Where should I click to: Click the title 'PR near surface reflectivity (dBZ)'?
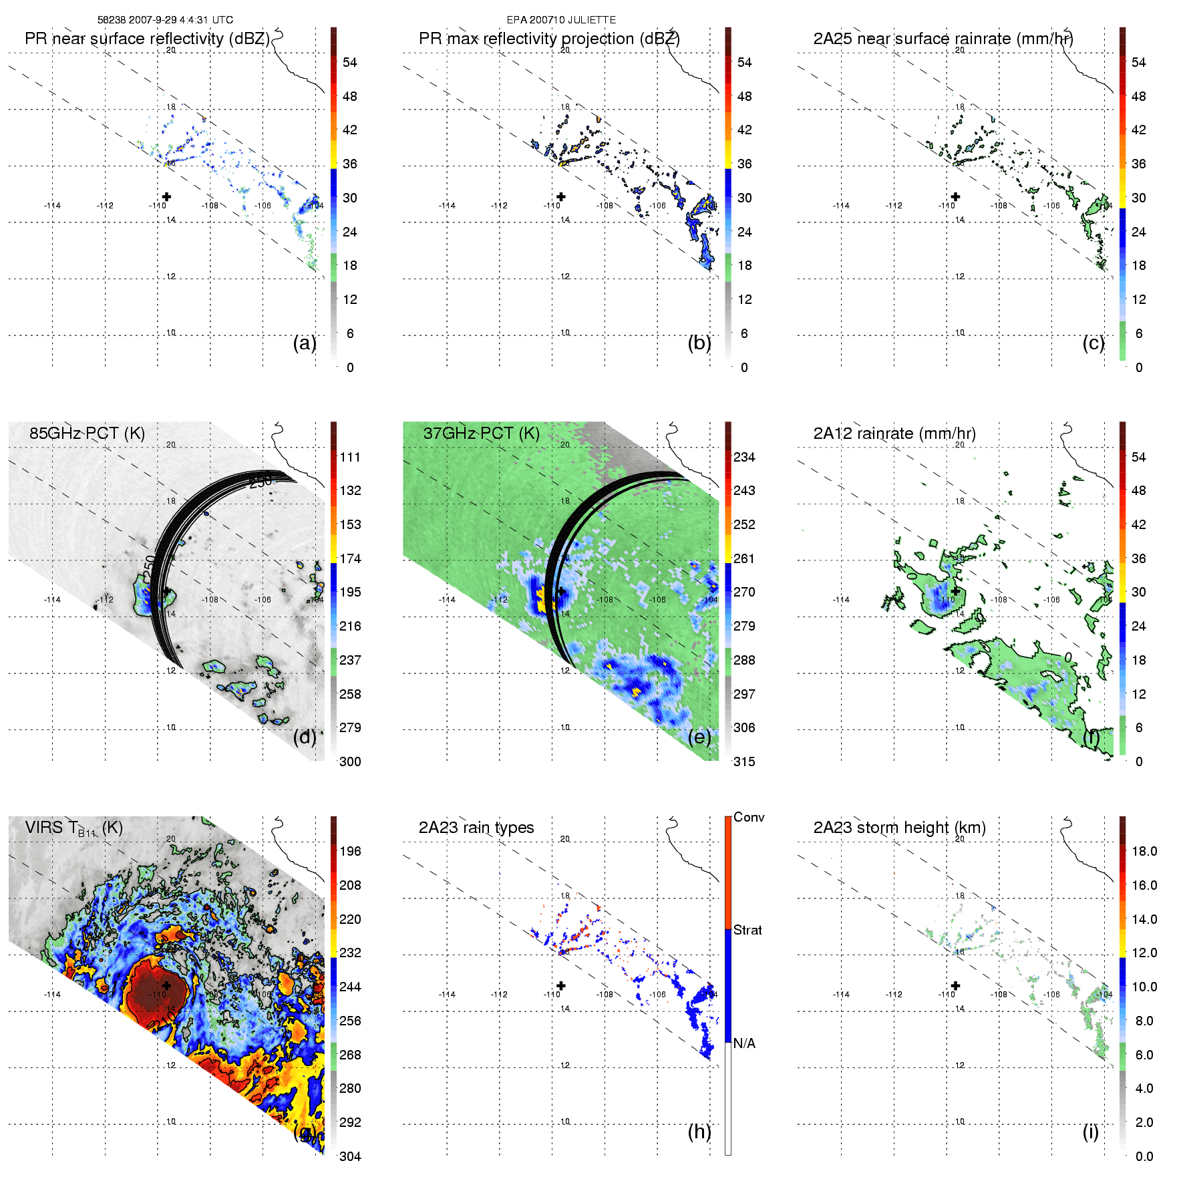click(x=147, y=39)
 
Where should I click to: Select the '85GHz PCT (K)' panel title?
click(x=87, y=434)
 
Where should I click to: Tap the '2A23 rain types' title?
click(x=476, y=828)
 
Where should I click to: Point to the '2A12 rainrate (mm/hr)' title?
click(x=894, y=434)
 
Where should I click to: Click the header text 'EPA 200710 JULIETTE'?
click(x=561, y=20)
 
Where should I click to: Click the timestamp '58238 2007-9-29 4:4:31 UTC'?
click(x=165, y=20)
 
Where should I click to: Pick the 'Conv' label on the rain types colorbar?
click(x=749, y=818)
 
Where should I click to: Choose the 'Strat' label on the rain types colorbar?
click(x=747, y=931)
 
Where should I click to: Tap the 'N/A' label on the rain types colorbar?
click(x=744, y=1043)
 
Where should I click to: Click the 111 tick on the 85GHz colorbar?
click(x=350, y=458)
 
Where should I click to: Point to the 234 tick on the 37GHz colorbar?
click(x=744, y=458)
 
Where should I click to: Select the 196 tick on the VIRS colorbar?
click(x=350, y=852)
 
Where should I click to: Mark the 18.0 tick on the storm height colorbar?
click(x=1144, y=852)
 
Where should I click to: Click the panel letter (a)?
click(x=305, y=343)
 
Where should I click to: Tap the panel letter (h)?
click(x=699, y=1132)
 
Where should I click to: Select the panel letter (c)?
click(x=1093, y=343)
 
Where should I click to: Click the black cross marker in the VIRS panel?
click(x=166, y=986)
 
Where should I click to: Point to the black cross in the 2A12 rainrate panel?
click(x=955, y=591)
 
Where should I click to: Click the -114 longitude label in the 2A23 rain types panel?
click(x=447, y=995)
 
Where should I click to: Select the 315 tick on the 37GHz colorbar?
click(x=744, y=762)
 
